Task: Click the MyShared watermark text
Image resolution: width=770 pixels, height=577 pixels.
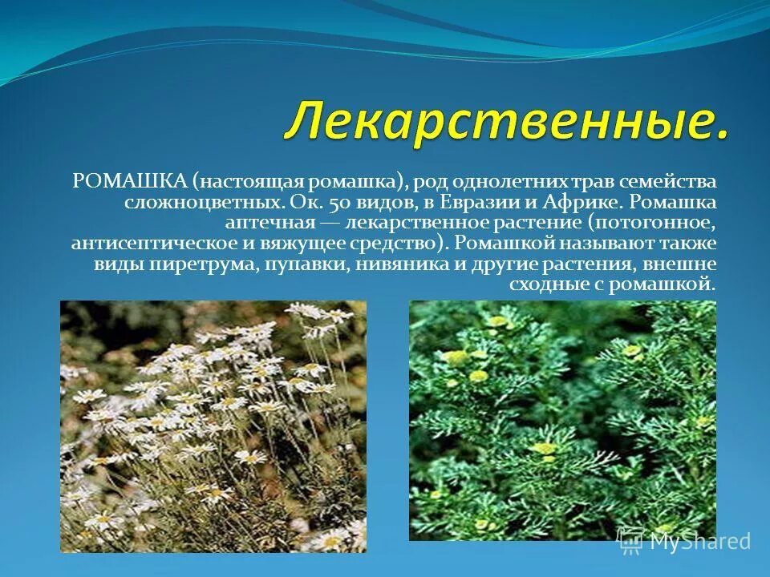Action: (x=699, y=541)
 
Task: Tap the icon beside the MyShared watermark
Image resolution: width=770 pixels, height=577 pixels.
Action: (x=630, y=540)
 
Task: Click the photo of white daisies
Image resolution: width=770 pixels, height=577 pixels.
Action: (x=213, y=426)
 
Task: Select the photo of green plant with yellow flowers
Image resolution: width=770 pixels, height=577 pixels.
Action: (x=562, y=420)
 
